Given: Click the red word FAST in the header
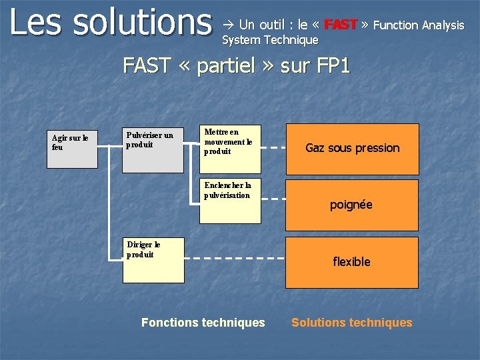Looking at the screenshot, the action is tap(340, 25).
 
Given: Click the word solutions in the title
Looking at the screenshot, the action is tap(141, 22).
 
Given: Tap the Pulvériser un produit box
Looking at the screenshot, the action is tap(153, 149).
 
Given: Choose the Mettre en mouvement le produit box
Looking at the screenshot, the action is tap(230, 149).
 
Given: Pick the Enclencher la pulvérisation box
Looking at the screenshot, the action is tap(230, 200).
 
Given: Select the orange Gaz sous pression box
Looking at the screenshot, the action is tap(352, 149).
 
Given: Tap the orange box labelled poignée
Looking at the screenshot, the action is tap(351, 205).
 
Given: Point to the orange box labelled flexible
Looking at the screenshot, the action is tap(351, 262).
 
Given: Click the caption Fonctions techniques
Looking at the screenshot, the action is tap(203, 323).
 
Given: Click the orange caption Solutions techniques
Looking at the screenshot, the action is tap(351, 323).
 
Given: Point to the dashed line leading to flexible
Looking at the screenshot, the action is tap(234, 257).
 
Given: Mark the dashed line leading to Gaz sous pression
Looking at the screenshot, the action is tap(273, 147).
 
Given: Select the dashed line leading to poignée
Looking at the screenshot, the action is tap(273, 199).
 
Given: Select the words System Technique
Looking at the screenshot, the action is tap(271, 41).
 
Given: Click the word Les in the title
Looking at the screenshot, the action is tap(36, 22).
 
